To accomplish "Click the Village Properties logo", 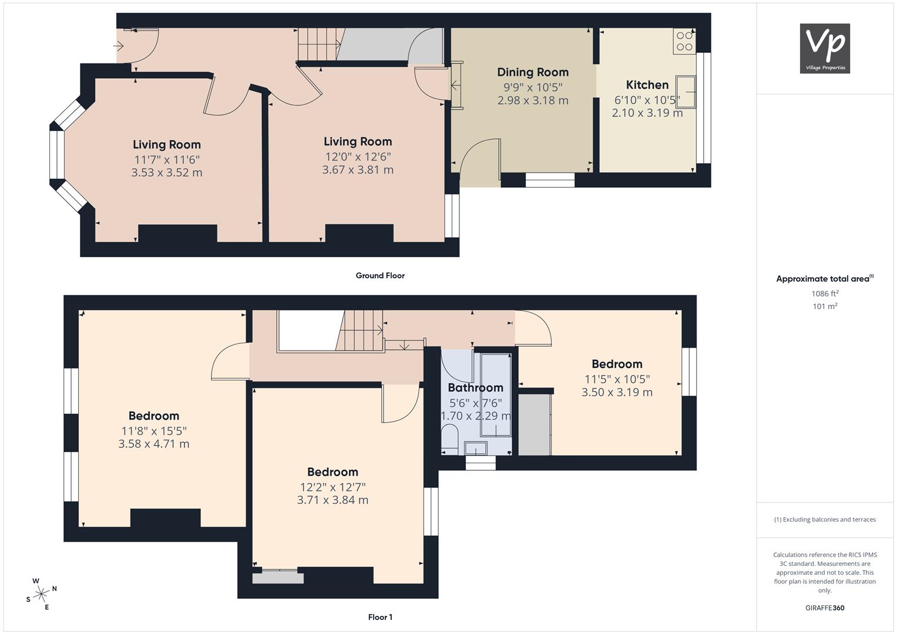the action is click(x=825, y=48).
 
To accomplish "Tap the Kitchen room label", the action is click(x=647, y=85).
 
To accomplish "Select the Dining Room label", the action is click(x=533, y=72).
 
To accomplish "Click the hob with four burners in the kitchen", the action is click(x=684, y=41).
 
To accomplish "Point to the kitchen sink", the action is click(x=686, y=92).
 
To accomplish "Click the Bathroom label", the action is click(x=475, y=387).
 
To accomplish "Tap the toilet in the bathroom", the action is click(x=450, y=440).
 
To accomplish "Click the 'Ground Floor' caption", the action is click(x=380, y=275).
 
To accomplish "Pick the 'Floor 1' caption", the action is click(x=380, y=617).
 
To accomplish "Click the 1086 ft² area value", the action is click(x=825, y=294).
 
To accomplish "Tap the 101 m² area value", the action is click(x=825, y=306).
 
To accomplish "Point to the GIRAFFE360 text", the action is click(x=825, y=608).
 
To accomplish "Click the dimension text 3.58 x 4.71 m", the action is click(x=154, y=444).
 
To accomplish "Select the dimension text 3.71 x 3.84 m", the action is click(x=332, y=500).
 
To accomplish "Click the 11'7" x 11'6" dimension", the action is click(x=167, y=160).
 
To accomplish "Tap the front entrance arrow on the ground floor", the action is click(x=119, y=46).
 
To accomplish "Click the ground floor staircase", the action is click(x=318, y=44).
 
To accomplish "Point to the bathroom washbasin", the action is click(x=476, y=448).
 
